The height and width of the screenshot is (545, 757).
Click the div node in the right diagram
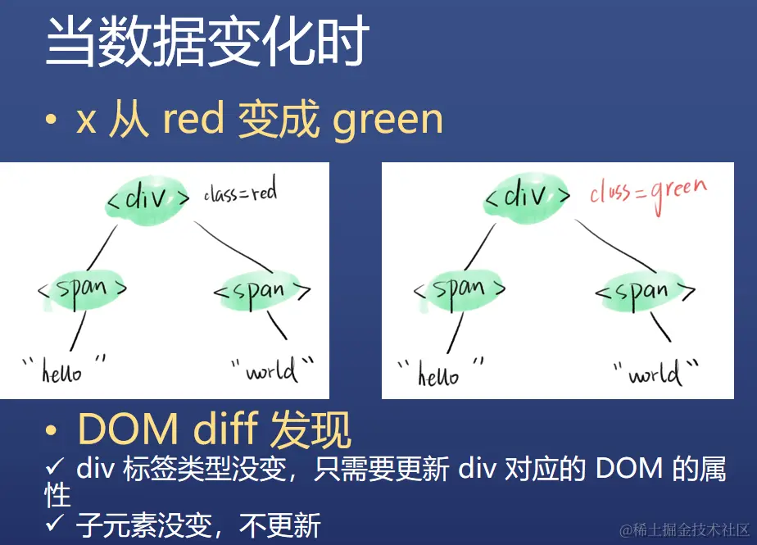point(526,198)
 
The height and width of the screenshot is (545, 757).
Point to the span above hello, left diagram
point(82,289)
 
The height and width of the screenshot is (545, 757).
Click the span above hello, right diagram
point(459,289)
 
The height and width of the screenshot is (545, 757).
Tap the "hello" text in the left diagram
point(64,370)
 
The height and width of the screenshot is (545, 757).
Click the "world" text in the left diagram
point(272,370)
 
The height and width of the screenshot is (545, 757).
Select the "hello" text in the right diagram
point(440,373)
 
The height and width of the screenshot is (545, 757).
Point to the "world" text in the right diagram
point(655,372)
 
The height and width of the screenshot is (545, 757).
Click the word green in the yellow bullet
point(388,120)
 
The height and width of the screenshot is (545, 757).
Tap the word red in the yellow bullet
point(193,118)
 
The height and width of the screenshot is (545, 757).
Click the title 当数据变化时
point(207,41)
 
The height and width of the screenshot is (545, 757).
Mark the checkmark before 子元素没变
point(55,522)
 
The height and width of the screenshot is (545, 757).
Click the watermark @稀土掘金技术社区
point(684,530)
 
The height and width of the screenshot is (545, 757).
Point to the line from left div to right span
point(233,247)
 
